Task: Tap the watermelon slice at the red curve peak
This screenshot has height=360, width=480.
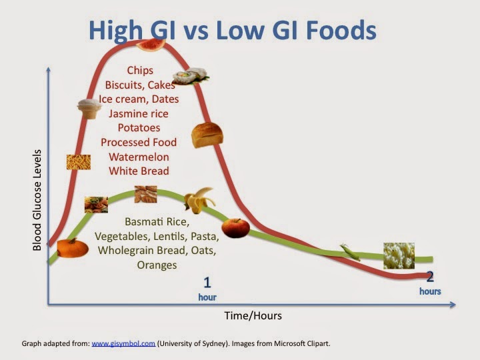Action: [151, 43]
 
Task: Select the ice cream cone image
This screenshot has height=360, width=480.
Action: [89, 108]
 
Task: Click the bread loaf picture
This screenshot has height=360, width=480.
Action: [203, 135]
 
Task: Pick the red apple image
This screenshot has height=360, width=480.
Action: [235, 228]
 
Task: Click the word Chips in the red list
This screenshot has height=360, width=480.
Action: [140, 70]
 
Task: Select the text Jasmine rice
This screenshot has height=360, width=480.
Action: [139, 113]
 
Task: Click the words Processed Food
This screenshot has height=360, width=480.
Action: [139, 142]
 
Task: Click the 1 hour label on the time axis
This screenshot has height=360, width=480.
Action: [207, 288]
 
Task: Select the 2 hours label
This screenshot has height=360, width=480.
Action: [430, 283]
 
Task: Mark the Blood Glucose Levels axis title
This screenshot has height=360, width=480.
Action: [37, 200]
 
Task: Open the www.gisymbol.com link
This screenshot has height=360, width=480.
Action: [123, 344]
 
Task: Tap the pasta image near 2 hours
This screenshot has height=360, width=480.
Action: [399, 255]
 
